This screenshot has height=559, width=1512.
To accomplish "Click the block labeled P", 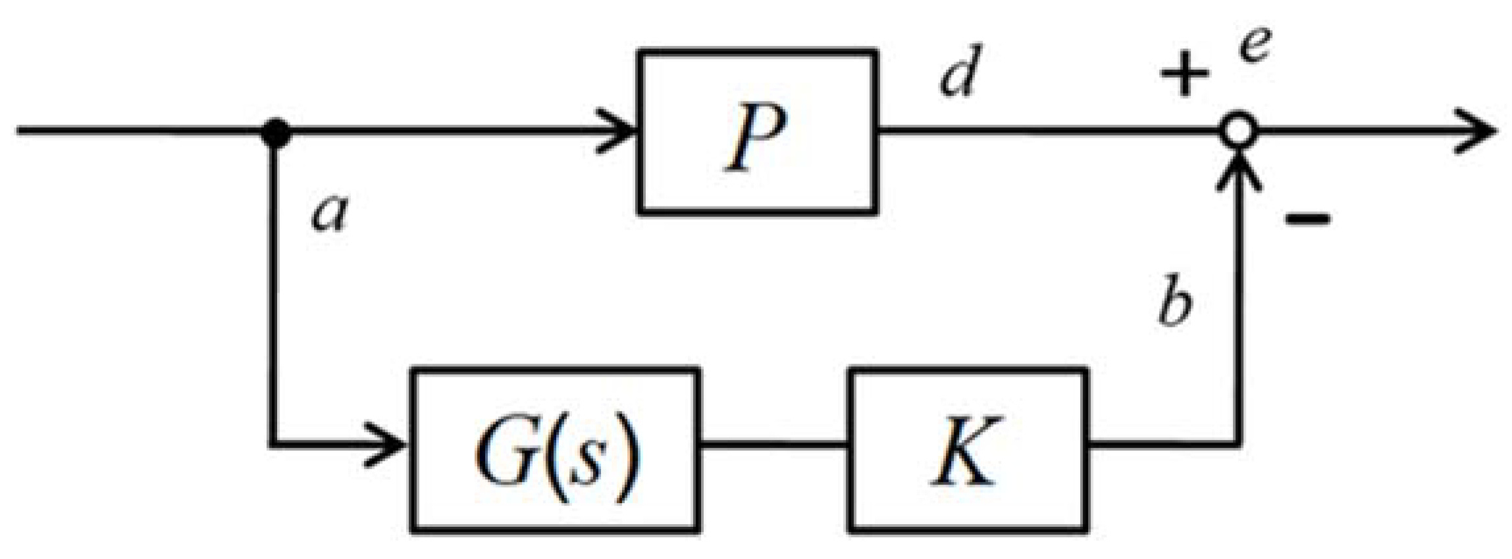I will pos(757,132).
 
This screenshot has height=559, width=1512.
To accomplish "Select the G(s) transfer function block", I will pos(554,450).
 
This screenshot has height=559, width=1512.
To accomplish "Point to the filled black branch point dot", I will pos(276,132).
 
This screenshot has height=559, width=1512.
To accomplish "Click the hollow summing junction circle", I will pos(1238,130).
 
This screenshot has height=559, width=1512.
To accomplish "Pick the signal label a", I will pos(328,214).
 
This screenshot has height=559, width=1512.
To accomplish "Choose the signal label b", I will pos(1175,303).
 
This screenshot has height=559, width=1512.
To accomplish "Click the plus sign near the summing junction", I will pos(1184,72).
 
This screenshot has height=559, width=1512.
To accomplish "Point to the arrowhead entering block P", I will pos(619,132).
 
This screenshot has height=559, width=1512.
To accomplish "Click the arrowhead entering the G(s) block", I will pos(388,445).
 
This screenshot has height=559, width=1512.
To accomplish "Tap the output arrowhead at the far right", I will pos(1478,132).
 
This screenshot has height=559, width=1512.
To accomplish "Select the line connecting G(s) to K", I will pos(773,445).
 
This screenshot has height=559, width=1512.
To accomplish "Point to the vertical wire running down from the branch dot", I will pos(271,296).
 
